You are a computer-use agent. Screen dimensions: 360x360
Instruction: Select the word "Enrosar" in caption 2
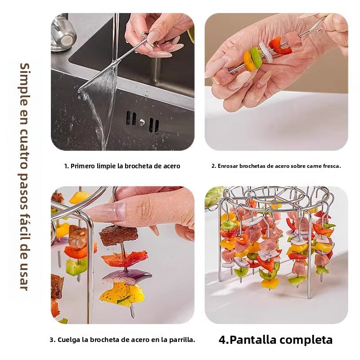(229, 166)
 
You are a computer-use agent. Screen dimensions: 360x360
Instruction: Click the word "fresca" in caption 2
(329, 166)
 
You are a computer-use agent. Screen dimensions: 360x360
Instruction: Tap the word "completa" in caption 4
(306, 340)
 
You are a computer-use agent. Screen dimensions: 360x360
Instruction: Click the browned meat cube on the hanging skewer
(118, 235)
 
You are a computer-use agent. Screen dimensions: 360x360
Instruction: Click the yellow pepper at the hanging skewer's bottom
(121, 295)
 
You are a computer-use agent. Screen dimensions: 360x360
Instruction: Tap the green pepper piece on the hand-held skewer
(256, 58)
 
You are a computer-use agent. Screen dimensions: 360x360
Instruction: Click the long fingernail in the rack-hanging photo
(106, 212)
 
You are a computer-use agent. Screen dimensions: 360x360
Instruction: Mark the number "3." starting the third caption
(52, 340)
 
